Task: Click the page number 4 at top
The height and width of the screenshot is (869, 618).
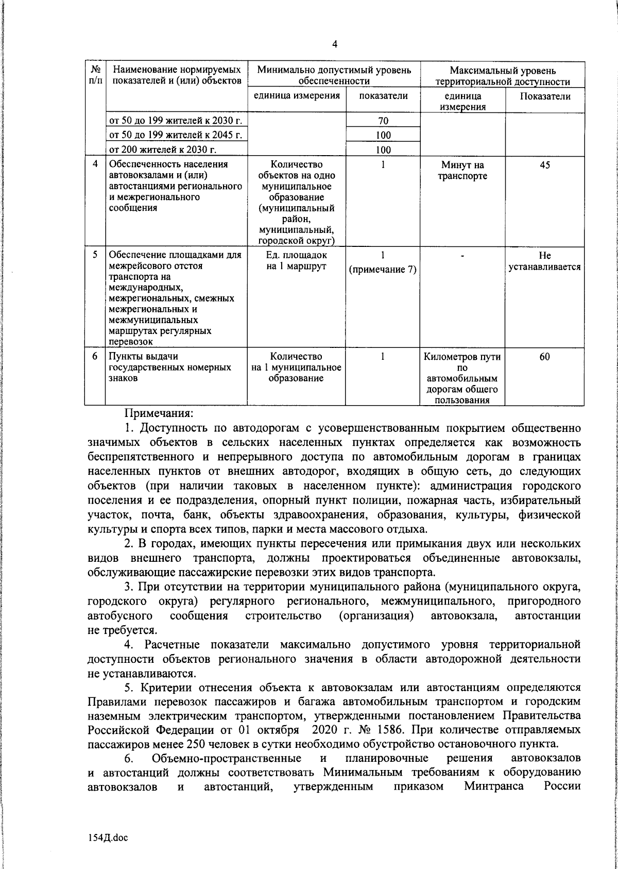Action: [335, 45]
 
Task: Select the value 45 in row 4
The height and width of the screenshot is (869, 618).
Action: [545, 165]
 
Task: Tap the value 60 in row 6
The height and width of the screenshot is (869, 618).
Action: [545, 357]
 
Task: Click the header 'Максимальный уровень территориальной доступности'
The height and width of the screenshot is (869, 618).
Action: [503, 76]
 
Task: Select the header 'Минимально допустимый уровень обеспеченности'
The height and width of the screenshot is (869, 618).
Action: [334, 76]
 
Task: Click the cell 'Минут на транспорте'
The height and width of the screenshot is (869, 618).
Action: [462, 171]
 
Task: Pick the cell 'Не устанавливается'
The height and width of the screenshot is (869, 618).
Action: [545, 261]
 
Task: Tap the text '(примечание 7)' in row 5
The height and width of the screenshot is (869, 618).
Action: [383, 270]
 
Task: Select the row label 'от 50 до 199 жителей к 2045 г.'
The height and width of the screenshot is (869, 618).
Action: [175, 136]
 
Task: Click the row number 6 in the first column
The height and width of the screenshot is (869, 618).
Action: [95, 357]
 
